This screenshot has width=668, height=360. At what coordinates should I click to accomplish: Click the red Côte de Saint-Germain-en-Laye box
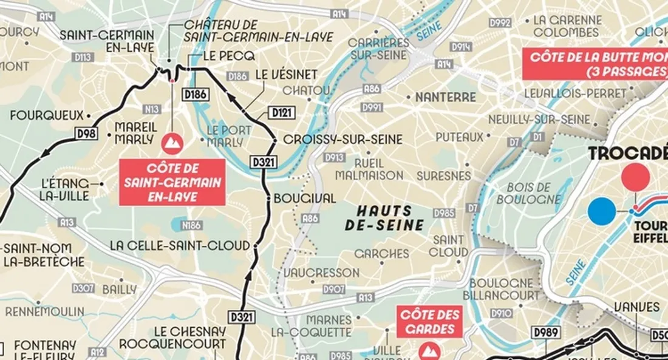[x=172, y=182]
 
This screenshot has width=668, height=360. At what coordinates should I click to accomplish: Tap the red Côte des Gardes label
[x=429, y=322]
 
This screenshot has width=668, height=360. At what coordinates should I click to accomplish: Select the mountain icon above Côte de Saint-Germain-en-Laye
[x=172, y=143]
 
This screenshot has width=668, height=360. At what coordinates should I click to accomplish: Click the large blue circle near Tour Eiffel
[x=602, y=212]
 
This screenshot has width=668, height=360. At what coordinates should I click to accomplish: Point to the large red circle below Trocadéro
[x=635, y=177]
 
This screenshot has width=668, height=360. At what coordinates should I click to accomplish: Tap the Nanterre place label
[x=446, y=97]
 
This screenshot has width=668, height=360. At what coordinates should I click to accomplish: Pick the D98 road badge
[x=86, y=134]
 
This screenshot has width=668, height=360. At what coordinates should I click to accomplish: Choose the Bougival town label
[x=305, y=199]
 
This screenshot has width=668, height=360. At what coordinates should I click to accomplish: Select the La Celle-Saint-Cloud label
[x=180, y=246]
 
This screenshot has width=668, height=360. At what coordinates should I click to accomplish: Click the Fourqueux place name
[x=46, y=115]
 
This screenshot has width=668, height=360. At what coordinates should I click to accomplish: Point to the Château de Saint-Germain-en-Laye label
[x=259, y=31]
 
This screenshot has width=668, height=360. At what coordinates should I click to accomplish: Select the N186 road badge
[x=191, y=226]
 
